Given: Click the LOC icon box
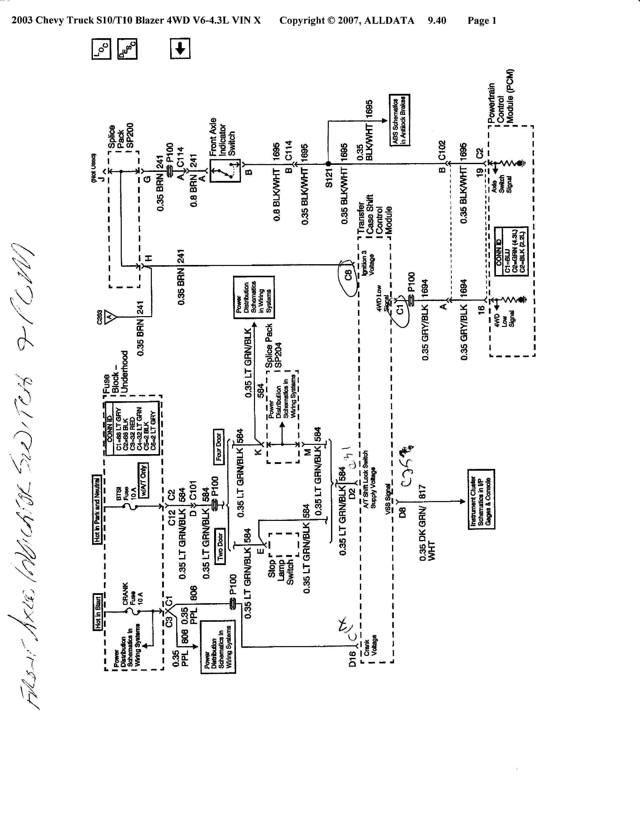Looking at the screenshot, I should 101,49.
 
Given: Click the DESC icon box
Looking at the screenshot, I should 127,49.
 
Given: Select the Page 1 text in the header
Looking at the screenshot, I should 482,21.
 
